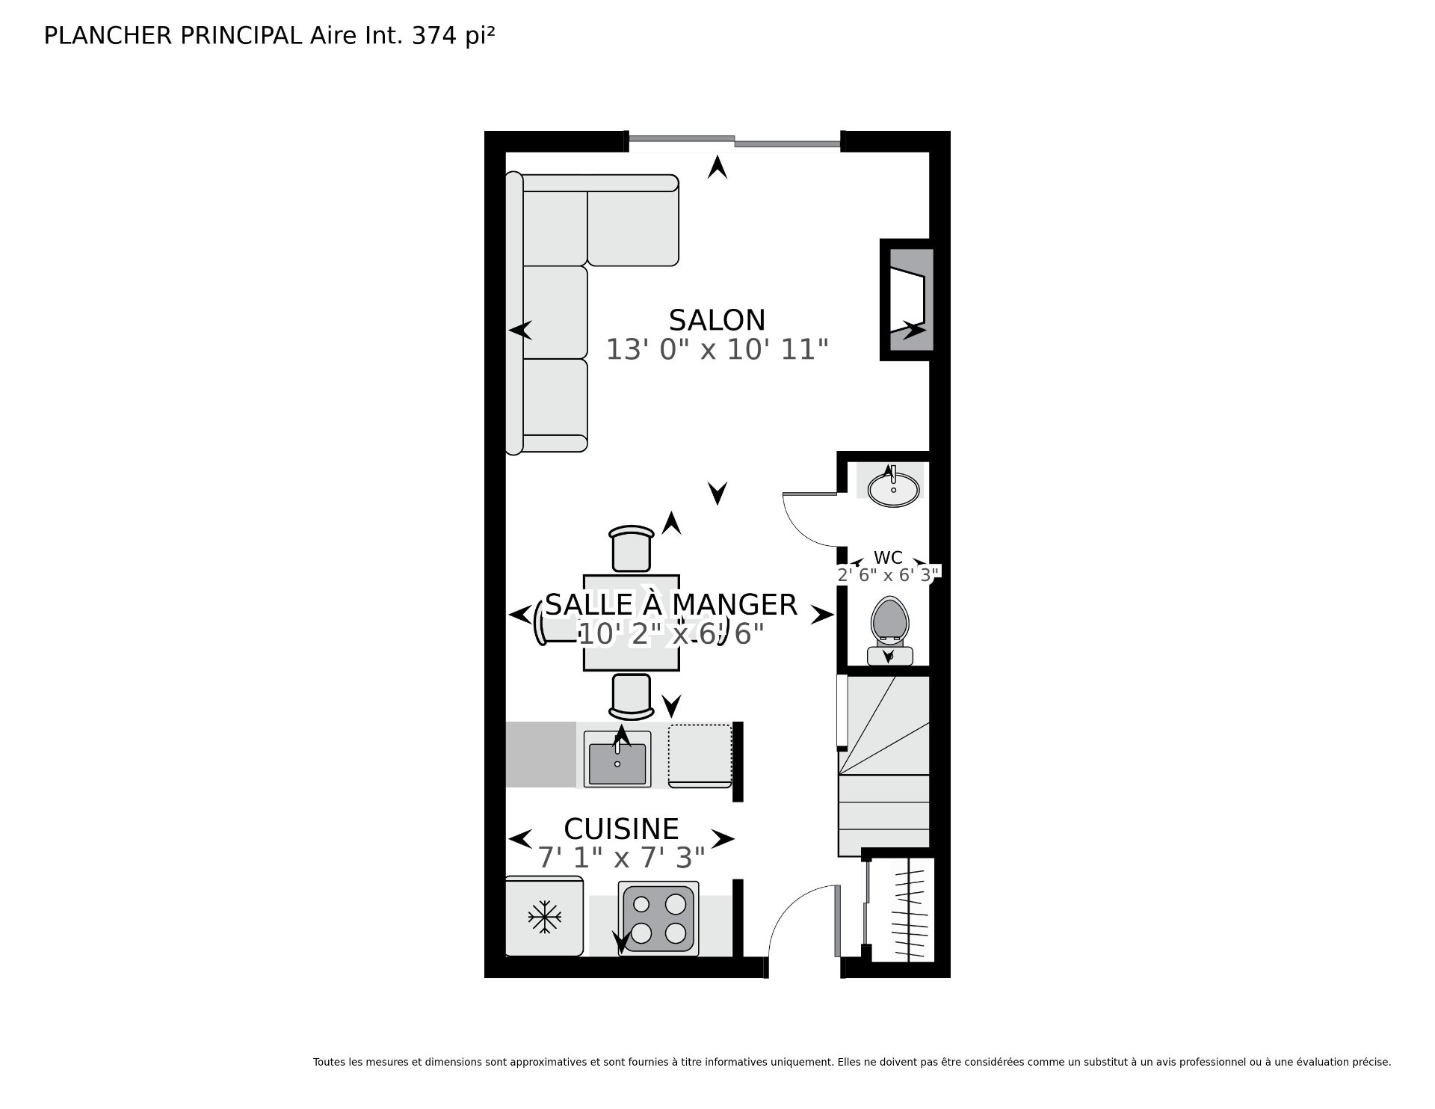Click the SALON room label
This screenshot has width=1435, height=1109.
pyautogui.click(x=717, y=320)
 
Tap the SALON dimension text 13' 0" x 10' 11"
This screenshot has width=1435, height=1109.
pyautogui.click(x=717, y=349)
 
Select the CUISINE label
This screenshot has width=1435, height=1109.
pyautogui.click(x=621, y=829)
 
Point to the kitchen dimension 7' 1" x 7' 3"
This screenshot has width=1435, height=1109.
pyautogui.click(x=621, y=858)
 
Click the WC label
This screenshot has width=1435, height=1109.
pyautogui.click(x=888, y=558)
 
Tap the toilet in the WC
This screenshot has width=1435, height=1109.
pyautogui.click(x=889, y=631)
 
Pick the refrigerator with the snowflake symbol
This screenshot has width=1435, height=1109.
pyautogui.click(x=544, y=916)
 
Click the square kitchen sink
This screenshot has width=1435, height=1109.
pyautogui.click(x=617, y=759)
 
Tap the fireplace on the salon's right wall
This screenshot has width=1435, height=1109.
pyautogui.click(x=907, y=299)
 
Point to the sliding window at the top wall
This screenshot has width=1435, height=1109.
pyautogui.click(x=734, y=140)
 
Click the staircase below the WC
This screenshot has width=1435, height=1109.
pyautogui.click(x=884, y=764)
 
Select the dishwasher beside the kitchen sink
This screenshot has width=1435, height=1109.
pyautogui.click(x=700, y=755)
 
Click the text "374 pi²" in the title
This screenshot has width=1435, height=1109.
pyautogui.click(x=454, y=35)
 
